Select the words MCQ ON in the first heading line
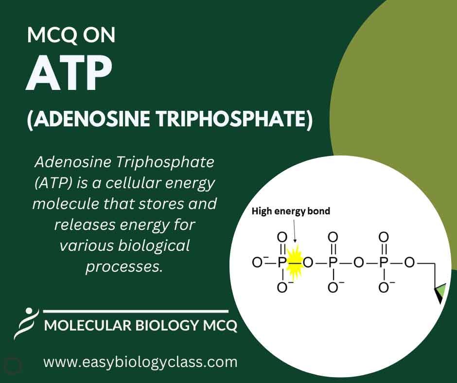click(71, 35)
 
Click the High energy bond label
click(291, 211)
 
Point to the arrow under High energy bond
click(294, 230)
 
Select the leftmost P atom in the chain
click(281, 262)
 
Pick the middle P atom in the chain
click(333, 262)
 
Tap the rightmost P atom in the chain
click(383, 262)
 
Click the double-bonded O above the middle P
click(333, 237)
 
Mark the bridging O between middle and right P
click(358, 262)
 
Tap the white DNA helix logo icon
click(27, 323)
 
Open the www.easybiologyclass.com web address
click(141, 362)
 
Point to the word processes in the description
click(124, 267)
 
